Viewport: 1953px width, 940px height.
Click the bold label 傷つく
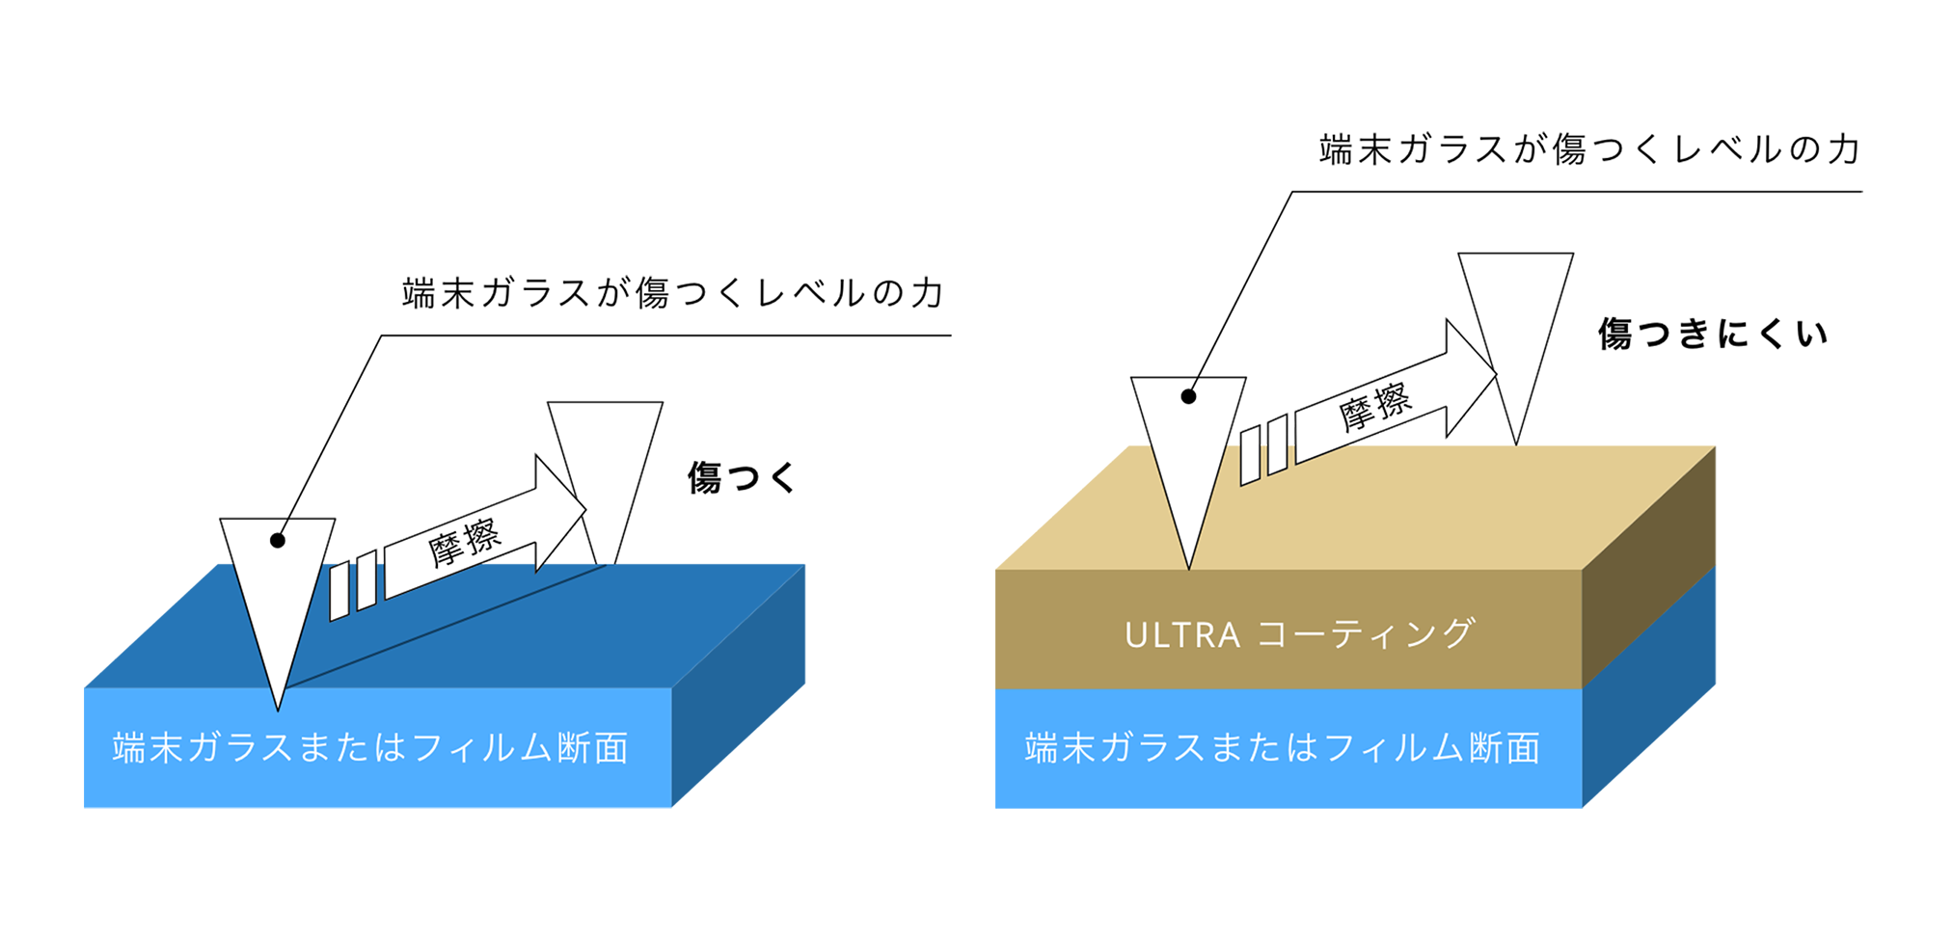click(x=742, y=477)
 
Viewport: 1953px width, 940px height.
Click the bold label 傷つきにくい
click(x=1712, y=334)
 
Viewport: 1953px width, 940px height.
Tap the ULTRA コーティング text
click(x=1299, y=633)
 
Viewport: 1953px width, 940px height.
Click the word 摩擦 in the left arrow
click(x=464, y=542)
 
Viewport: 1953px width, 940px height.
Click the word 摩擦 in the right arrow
click(x=1375, y=405)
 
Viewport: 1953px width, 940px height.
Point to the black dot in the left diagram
click(x=278, y=540)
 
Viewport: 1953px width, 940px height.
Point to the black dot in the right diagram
click(x=1188, y=396)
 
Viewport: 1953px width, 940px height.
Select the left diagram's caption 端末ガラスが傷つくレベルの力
click(x=672, y=293)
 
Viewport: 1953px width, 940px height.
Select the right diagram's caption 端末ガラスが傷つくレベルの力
click(x=1588, y=149)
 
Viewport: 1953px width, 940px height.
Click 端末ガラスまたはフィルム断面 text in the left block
click(x=370, y=747)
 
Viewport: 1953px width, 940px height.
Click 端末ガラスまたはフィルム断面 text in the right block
click(x=1282, y=747)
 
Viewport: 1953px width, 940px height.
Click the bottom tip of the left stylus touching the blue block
click(x=278, y=707)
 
